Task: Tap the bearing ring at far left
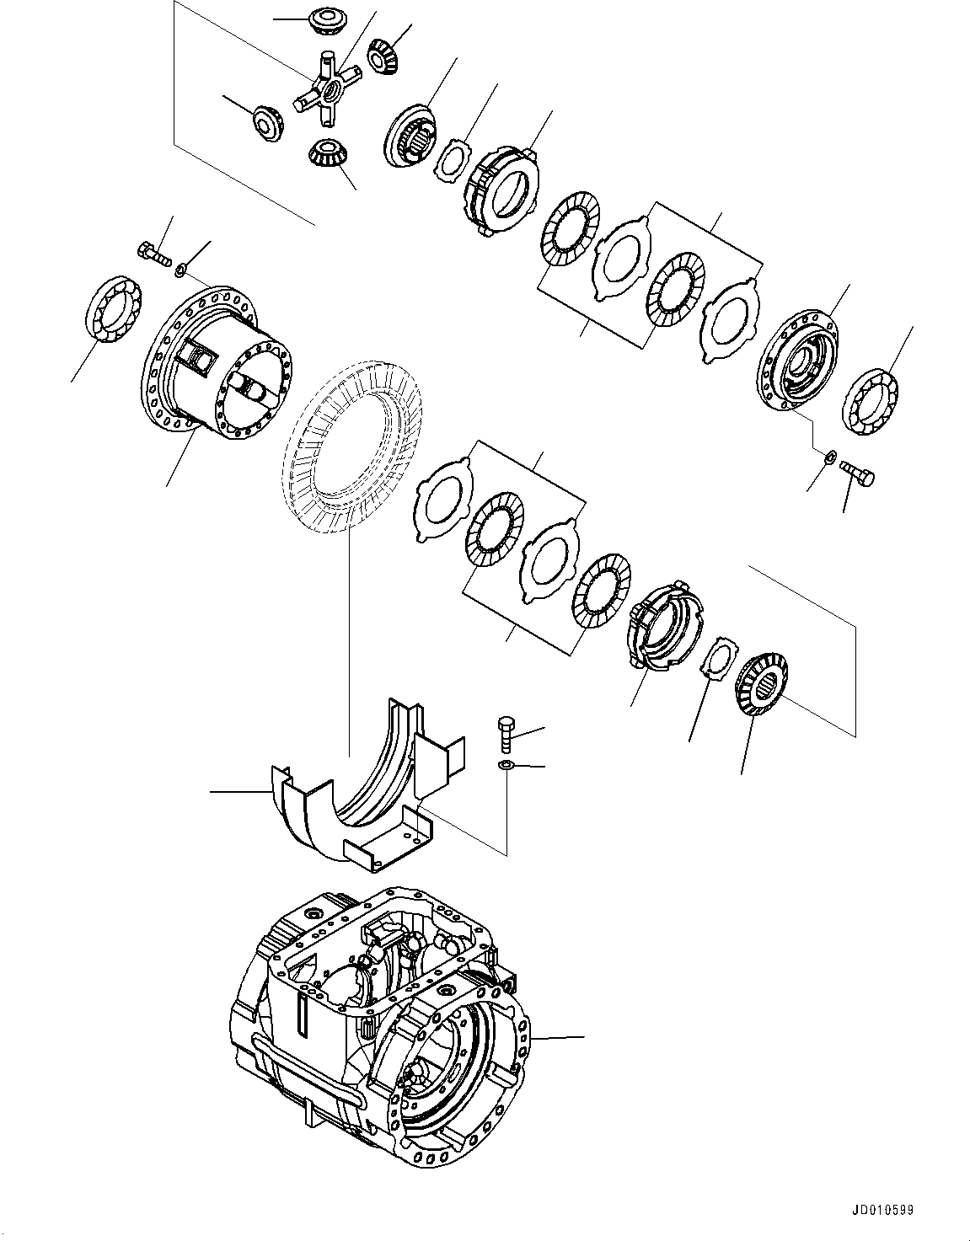tap(115, 308)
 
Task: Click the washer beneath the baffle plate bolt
tap(506, 765)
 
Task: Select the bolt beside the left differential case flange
tap(153, 252)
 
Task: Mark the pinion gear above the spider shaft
tap(324, 19)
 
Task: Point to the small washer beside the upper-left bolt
tap(180, 270)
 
